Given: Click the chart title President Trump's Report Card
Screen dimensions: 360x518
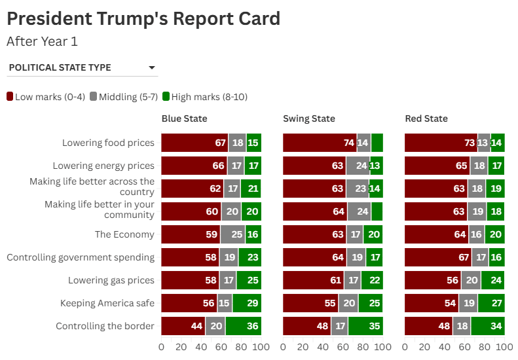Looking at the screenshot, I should click(x=143, y=18).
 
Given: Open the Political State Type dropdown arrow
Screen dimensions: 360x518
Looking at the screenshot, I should click(x=152, y=67).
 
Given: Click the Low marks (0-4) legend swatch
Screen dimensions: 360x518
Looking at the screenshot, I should click(x=10, y=97).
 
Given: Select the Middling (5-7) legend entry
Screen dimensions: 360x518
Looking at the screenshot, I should click(x=121, y=97).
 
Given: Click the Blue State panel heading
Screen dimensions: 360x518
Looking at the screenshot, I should click(x=184, y=118).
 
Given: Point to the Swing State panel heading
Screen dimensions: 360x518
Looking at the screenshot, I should click(x=308, y=118).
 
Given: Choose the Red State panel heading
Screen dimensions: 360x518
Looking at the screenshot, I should click(x=426, y=118).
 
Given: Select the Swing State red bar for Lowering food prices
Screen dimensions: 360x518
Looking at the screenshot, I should click(x=320, y=143).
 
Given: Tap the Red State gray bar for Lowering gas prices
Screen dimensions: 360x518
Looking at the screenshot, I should click(x=471, y=280).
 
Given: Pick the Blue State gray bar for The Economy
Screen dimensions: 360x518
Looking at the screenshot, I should click(x=232, y=234).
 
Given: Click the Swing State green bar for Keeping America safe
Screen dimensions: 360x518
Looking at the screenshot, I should click(x=370, y=303).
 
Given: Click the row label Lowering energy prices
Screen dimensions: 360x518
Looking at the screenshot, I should click(x=103, y=166).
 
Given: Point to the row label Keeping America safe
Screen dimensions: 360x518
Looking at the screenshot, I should click(x=107, y=303).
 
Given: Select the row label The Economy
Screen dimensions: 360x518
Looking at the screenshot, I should click(x=124, y=234).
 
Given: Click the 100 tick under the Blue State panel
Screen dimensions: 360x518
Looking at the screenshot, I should click(x=261, y=347).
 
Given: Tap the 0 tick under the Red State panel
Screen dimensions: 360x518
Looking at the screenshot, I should click(x=405, y=347).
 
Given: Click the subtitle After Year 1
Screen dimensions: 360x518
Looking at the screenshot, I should click(x=42, y=41).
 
